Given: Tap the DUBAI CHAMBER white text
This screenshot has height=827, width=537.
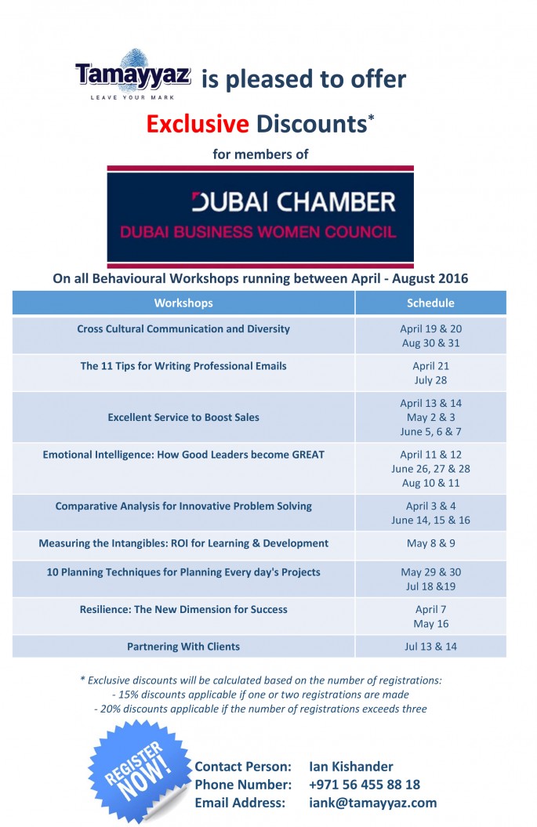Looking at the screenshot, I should point(294,202).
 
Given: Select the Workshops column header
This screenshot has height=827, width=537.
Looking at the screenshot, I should point(183,303).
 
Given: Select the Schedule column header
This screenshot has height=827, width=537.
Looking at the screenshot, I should point(430,303).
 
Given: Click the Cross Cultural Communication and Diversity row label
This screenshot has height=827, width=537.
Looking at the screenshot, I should point(183,328).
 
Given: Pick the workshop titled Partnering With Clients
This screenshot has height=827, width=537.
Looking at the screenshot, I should point(183,647).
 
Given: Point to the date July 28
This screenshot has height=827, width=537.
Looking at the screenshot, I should point(430,380).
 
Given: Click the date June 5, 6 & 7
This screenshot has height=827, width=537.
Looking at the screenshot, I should point(430,432).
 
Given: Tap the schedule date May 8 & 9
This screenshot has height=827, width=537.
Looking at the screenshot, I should point(430,543).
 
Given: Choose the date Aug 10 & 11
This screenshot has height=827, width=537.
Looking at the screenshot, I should point(430,484).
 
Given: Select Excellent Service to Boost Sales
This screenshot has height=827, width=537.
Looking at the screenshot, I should point(183,418).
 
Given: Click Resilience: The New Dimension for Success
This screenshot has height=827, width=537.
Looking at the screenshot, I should point(183,609).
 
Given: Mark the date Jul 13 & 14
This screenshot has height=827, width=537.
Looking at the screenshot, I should point(430,647).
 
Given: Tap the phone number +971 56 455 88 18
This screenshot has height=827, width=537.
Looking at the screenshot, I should point(365,784).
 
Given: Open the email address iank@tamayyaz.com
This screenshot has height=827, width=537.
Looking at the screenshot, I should point(373,803).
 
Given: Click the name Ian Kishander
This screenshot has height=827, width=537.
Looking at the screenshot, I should point(351,766).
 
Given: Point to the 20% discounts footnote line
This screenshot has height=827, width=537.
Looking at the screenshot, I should point(260,709).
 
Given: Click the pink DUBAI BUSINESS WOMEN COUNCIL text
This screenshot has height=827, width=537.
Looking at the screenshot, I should point(259,232).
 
